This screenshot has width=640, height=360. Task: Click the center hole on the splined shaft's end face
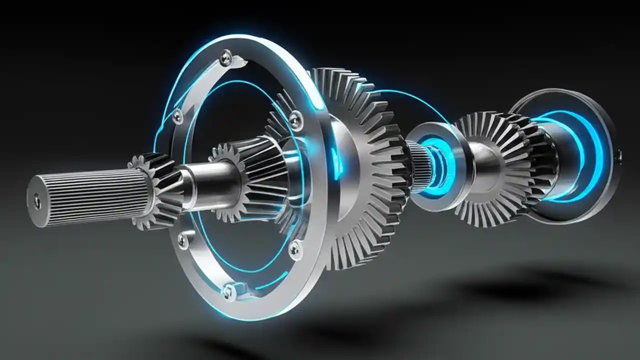point(37,201)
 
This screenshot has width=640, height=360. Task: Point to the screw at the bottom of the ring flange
point(229,290)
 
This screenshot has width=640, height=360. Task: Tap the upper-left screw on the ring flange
point(177,116)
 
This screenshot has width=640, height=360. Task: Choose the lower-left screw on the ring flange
point(183,240)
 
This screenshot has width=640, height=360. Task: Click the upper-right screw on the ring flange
point(296,120)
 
